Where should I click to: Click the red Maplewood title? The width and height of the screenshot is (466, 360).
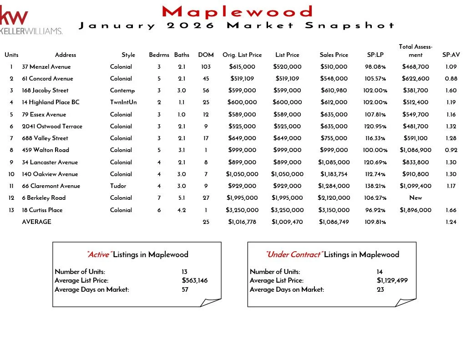pyautogui.click(x=237, y=11)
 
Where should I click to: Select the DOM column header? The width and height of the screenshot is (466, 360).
pyautogui.click(x=206, y=55)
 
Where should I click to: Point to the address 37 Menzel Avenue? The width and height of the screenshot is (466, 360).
pyautogui.click(x=46, y=67)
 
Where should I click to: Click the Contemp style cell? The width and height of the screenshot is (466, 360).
pyautogui.click(x=122, y=91)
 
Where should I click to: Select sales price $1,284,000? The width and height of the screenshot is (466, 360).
pyautogui.click(x=334, y=186)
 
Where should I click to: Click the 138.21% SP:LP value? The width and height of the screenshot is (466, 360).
pyautogui.click(x=375, y=186)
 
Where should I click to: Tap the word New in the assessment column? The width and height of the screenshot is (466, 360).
pyautogui.click(x=415, y=198)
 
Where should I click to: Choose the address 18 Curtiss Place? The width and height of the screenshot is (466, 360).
pyautogui.click(x=46, y=210)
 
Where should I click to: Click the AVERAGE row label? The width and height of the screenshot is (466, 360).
pyautogui.click(x=36, y=222)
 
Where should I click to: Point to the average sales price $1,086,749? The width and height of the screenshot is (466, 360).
pyautogui.click(x=334, y=222)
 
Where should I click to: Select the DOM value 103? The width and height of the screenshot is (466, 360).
pyautogui.click(x=206, y=67)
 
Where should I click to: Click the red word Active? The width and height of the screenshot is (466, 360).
pyautogui.click(x=98, y=255)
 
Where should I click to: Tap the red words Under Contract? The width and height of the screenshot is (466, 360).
pyautogui.click(x=294, y=255)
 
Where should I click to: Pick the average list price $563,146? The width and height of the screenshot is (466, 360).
pyautogui.click(x=194, y=281)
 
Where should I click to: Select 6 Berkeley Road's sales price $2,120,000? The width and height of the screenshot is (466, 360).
pyautogui.click(x=334, y=198)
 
